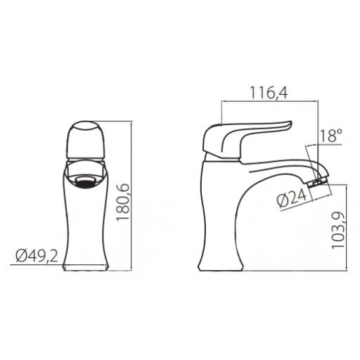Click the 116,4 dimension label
click(x=269, y=93)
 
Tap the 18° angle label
click(x=330, y=135)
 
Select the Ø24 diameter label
click(x=292, y=199)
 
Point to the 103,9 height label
click(x=338, y=230)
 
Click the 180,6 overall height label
click(x=123, y=202)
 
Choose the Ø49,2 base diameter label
click(x=37, y=256)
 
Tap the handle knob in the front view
click(x=86, y=140)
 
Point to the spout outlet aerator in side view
click(x=317, y=182)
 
